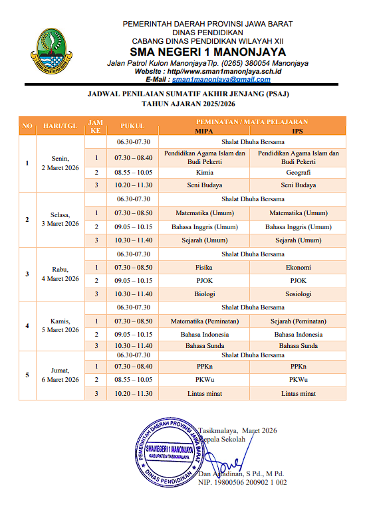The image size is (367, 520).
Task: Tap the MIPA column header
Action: [205, 131]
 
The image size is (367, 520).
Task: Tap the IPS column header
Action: [298, 131]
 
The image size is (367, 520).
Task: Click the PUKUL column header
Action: [133, 126]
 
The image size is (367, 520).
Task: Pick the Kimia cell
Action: [205, 171]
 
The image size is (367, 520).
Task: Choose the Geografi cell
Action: [298, 171]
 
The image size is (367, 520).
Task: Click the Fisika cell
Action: [205, 267]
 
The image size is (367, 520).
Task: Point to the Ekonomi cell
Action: [298, 267]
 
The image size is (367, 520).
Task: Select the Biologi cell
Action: [205, 294]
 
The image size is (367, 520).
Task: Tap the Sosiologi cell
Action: [298, 294]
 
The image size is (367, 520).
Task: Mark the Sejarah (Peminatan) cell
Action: [298, 321]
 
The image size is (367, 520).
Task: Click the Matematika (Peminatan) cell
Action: [205, 321]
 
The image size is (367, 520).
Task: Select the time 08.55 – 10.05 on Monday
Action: [133, 171]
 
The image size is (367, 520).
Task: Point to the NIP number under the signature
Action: [242, 482]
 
